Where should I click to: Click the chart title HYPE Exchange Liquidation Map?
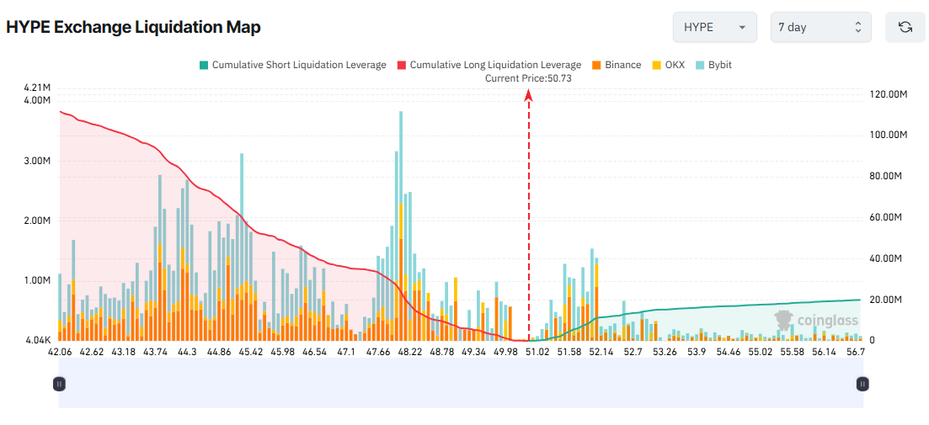pos(133,27)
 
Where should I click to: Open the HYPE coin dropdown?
pos(714,27)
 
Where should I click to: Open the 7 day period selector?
pos(820,27)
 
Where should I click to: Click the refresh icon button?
pos(905,27)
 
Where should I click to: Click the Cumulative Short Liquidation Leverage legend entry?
pos(292,65)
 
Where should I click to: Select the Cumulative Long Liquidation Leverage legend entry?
pos(489,65)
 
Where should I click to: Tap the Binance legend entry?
pos(617,65)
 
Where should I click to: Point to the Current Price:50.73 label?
pos(529,78)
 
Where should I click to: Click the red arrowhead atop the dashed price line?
pos(529,96)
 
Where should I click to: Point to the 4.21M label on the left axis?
pos(38,88)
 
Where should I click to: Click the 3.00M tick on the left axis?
pos(38,161)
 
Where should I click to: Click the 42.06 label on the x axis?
pos(59,352)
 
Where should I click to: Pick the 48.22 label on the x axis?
pos(409,352)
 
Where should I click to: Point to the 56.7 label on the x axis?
pos(856,352)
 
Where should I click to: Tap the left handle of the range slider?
pos(59,384)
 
